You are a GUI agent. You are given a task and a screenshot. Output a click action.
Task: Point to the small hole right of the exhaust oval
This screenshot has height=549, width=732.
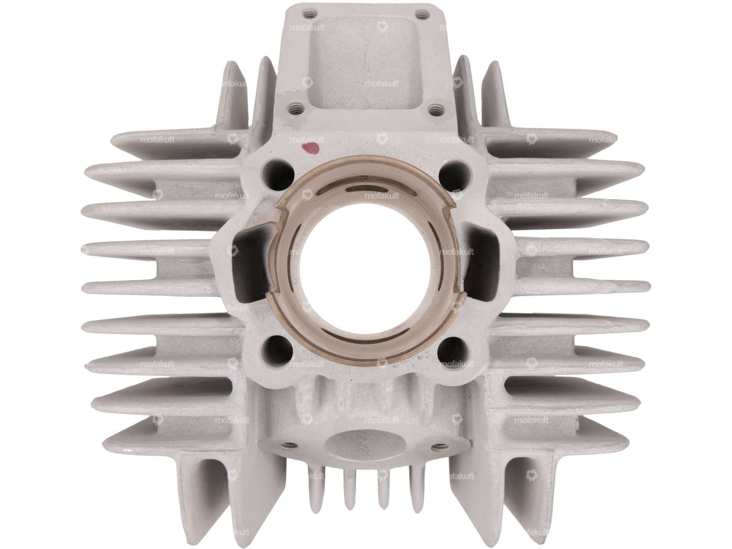439,432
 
